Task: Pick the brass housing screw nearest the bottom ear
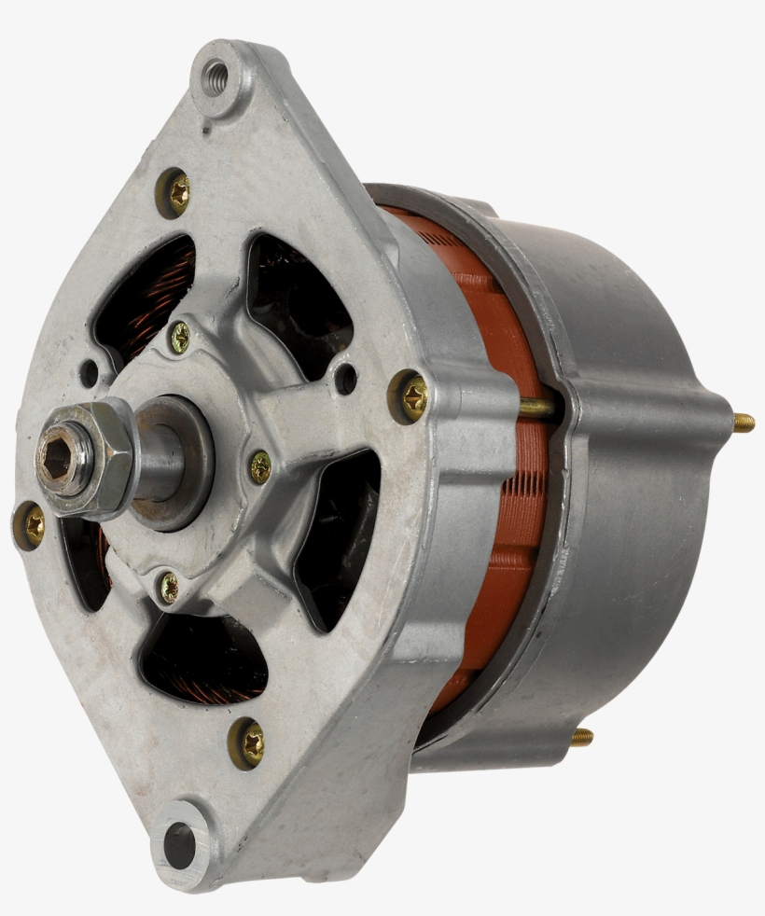click(x=248, y=743)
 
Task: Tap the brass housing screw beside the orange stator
click(x=411, y=396)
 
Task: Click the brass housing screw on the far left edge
click(x=32, y=525)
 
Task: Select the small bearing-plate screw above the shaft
click(x=179, y=337)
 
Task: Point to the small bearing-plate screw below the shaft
click(x=168, y=587)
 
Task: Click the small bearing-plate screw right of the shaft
click(x=260, y=465)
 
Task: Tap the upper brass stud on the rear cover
click(x=743, y=423)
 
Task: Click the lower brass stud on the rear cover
click(x=581, y=737)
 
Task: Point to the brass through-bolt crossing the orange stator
click(x=539, y=407)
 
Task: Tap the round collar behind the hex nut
click(x=177, y=462)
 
